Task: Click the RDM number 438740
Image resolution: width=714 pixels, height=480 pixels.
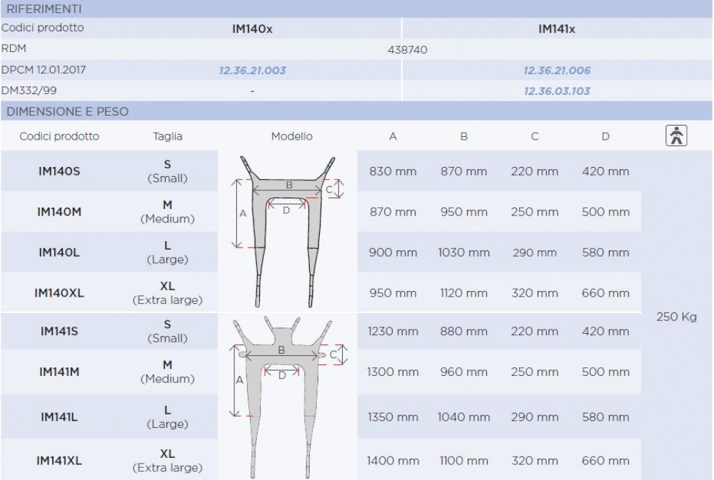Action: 407,50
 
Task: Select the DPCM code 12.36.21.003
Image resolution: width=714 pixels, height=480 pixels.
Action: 252,71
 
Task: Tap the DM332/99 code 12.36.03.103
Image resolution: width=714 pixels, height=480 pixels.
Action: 556,91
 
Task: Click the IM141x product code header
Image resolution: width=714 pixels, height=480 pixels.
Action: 556,29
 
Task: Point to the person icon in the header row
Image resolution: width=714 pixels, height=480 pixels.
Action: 676,136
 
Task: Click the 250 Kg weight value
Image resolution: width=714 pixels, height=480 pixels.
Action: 676,317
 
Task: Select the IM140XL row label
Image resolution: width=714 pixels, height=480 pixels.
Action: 59,293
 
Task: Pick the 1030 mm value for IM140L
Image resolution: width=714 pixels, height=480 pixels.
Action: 463,252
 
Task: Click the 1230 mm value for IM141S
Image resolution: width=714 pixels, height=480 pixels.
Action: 393,331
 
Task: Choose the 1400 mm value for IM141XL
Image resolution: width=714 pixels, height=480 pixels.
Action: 393,461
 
